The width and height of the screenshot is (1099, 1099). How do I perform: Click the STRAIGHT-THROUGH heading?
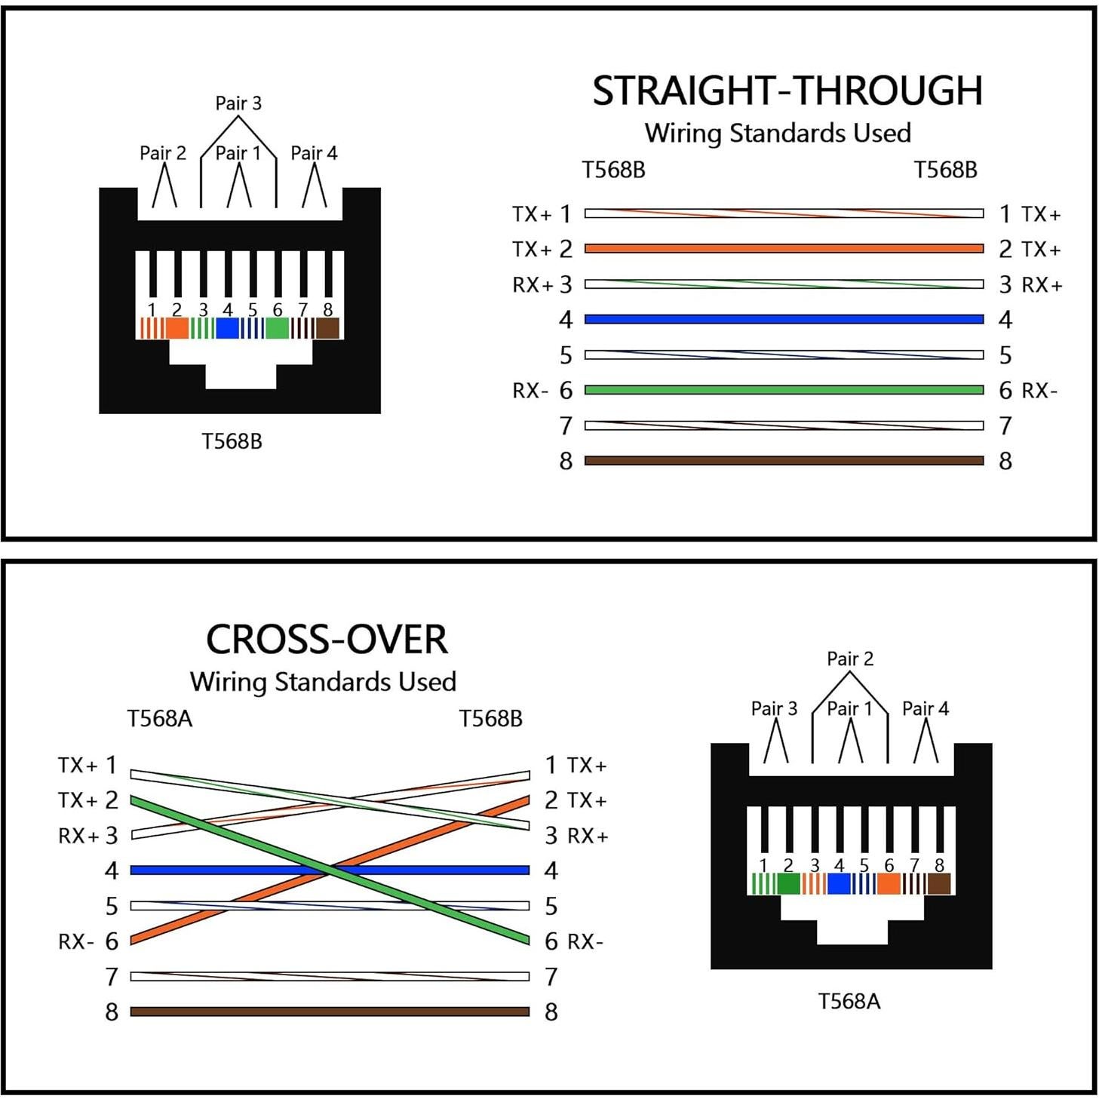point(787,91)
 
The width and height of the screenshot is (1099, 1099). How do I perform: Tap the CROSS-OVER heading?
point(327,640)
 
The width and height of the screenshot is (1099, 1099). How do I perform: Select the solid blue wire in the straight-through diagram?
point(784,319)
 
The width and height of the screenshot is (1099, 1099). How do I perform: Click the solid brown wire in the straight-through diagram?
point(784,460)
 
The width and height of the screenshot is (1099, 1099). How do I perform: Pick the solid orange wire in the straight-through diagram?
point(784,248)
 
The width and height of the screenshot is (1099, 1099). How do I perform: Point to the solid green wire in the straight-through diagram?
point(784,390)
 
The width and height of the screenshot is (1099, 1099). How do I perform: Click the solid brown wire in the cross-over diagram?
point(330,1012)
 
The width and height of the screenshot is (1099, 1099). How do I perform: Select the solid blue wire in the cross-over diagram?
point(226,870)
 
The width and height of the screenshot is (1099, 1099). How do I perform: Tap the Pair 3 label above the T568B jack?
point(238,103)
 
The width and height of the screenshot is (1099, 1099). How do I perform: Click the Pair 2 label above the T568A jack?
point(850,658)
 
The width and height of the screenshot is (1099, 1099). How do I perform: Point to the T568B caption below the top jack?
point(232,441)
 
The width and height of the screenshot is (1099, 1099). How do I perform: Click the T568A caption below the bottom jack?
point(849,1001)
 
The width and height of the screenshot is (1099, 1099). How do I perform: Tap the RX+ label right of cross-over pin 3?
point(588,836)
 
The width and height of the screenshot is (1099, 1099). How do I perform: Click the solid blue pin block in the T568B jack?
point(227,329)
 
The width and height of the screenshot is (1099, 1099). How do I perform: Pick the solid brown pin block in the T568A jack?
point(939,884)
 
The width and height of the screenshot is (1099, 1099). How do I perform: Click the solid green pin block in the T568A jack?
point(788,884)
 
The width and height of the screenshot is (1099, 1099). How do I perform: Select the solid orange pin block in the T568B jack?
point(177,329)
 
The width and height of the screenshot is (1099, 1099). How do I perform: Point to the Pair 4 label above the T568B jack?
point(314,153)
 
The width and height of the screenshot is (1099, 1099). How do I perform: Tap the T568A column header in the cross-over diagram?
point(160,719)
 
